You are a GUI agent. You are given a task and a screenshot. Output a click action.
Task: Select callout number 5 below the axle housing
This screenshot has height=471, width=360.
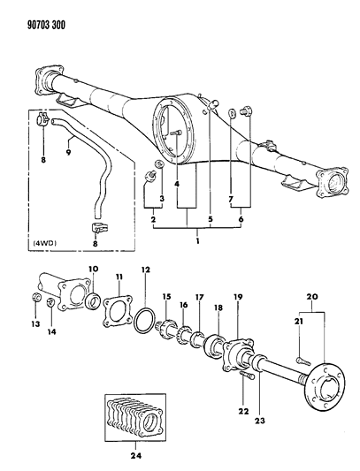(x=209, y=217)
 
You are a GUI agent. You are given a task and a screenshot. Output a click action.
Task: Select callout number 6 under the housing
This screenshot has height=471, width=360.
(x=241, y=217)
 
